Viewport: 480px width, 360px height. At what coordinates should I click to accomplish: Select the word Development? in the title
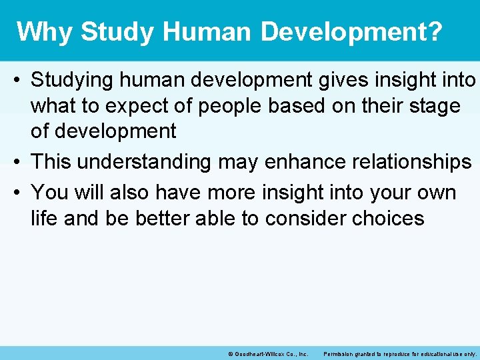[351, 31]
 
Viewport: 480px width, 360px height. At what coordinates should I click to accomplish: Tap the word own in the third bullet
[435, 193]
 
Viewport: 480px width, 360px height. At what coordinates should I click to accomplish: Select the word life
[43, 218]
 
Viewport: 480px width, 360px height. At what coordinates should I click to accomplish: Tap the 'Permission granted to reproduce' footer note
[399, 354]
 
